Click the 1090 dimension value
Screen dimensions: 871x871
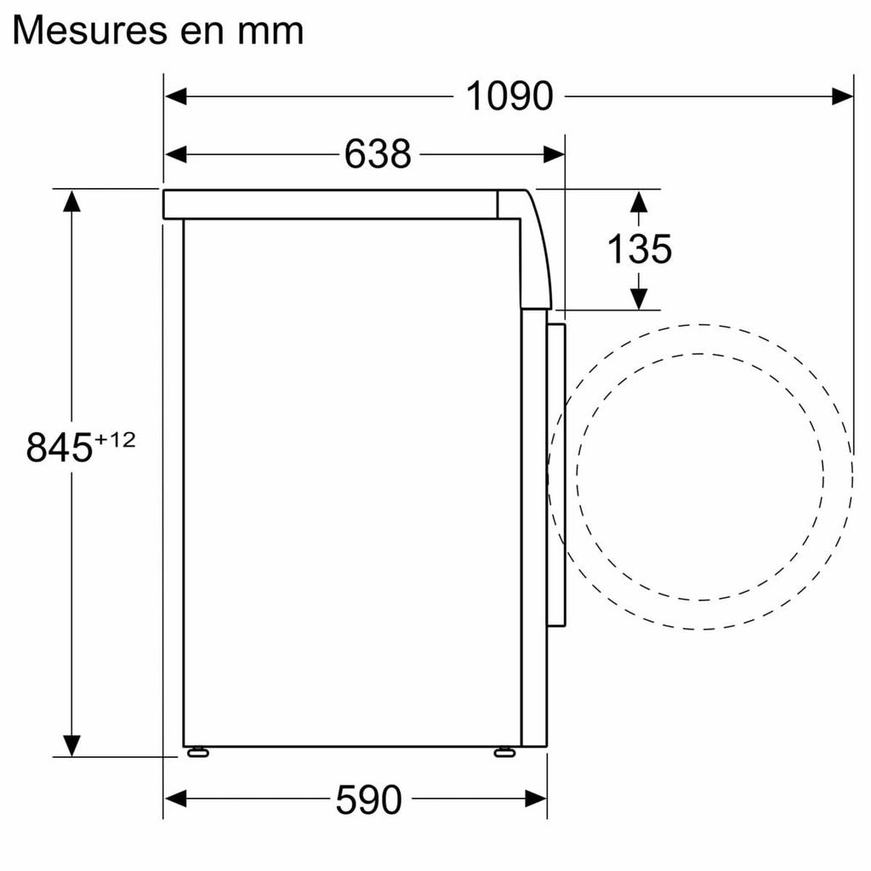tap(509, 96)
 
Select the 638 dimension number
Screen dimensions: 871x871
tap(378, 154)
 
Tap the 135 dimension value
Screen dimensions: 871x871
tap(639, 249)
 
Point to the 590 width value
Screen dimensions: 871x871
tap(367, 800)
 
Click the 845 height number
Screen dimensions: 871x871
tap(59, 447)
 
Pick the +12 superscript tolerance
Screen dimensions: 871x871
tap(115, 440)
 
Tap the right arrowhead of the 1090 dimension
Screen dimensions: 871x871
tap(842, 96)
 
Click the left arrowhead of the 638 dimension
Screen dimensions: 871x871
tap(175, 154)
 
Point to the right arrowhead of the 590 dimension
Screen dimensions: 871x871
tap(536, 799)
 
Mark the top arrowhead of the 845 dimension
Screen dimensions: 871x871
tap(71, 201)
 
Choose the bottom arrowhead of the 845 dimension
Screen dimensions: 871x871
tap(71, 745)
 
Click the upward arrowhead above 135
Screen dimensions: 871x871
tap(639, 202)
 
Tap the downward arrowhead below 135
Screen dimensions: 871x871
tap(639, 299)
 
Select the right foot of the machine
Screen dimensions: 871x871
tap(504, 751)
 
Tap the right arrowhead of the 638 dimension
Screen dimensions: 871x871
tap(554, 154)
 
